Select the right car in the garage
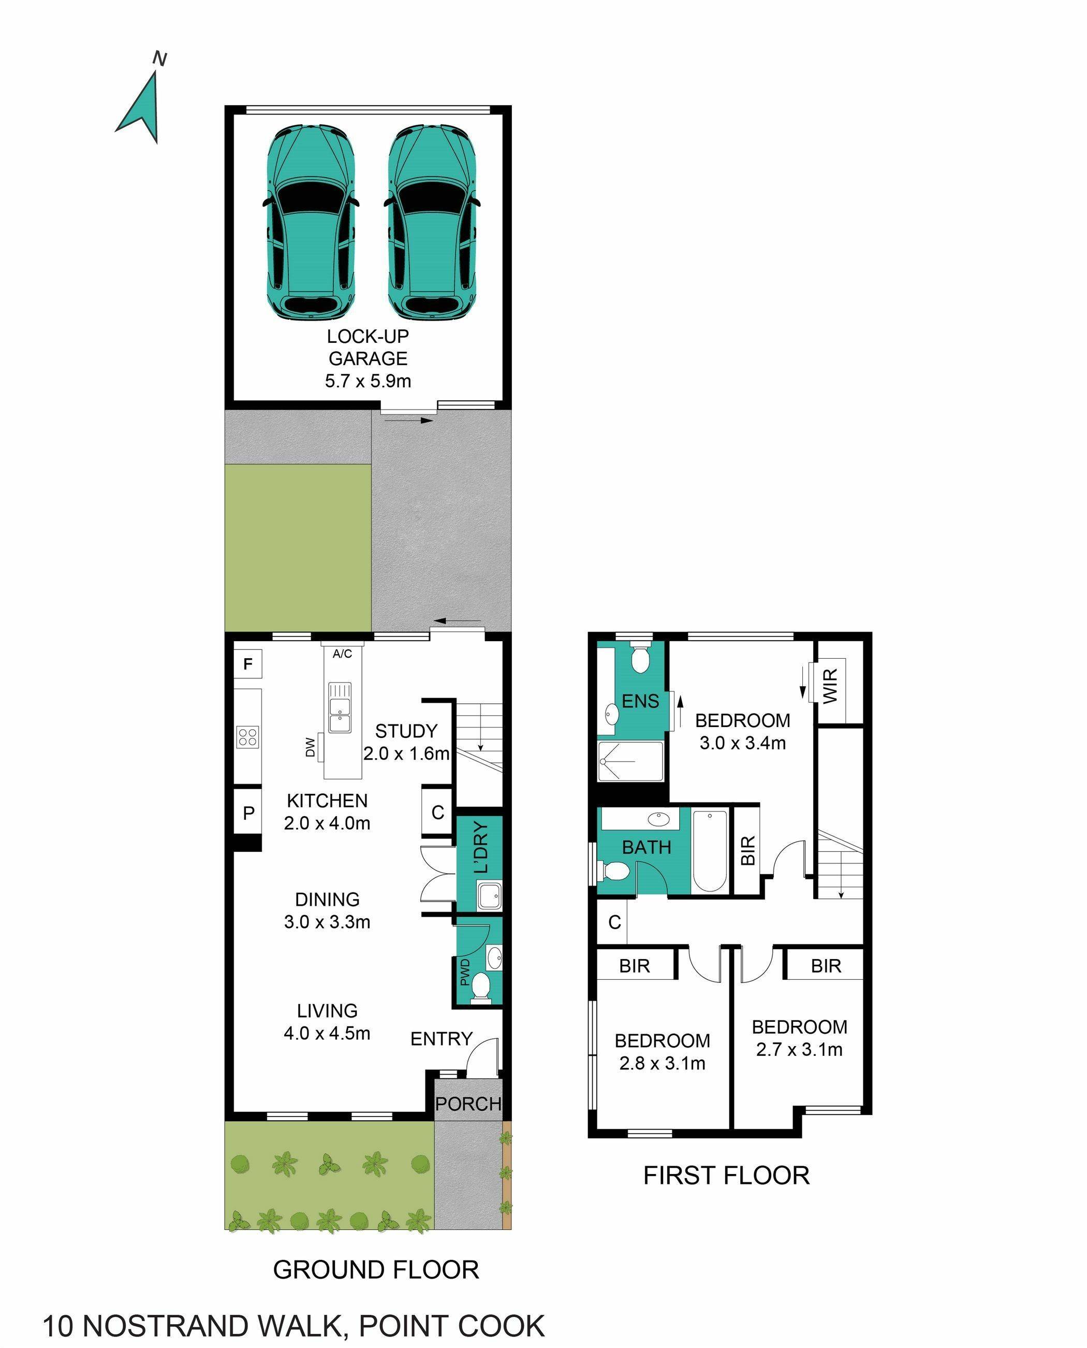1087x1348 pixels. (x=431, y=222)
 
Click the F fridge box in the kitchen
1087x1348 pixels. (x=248, y=664)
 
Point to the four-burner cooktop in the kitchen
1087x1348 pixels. (x=248, y=736)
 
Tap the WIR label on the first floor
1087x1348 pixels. (x=830, y=686)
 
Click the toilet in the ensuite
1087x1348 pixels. (x=640, y=659)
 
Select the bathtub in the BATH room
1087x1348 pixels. (x=710, y=851)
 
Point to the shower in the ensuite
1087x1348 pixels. (x=630, y=761)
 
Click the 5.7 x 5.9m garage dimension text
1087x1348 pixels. (x=368, y=381)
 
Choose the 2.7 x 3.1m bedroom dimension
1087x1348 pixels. (x=799, y=1049)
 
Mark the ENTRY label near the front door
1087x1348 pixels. (x=441, y=1038)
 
